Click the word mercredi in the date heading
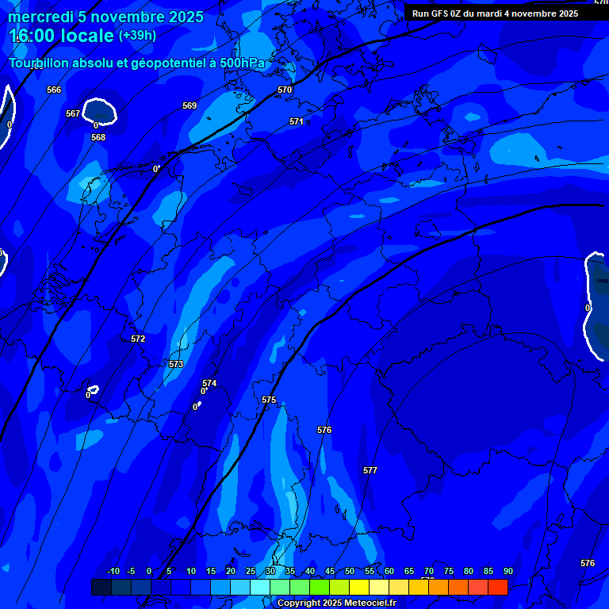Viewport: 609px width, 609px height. (41, 17)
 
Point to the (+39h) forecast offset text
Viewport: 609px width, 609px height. (137, 36)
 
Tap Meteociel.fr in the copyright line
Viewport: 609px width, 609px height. (364, 603)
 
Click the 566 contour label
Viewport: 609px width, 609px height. (54, 90)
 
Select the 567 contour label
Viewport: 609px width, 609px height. (73, 113)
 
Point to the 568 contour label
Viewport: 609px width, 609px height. (98, 137)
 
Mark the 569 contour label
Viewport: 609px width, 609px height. (190, 105)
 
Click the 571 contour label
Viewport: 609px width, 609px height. (297, 121)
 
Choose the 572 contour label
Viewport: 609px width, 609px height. (138, 339)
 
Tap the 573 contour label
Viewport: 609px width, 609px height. (176, 364)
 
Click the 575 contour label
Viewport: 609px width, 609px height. (269, 400)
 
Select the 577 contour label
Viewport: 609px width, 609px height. (370, 470)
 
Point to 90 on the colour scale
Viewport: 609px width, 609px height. (507, 571)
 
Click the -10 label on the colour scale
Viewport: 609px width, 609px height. (113, 571)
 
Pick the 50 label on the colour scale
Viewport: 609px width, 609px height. (350, 571)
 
